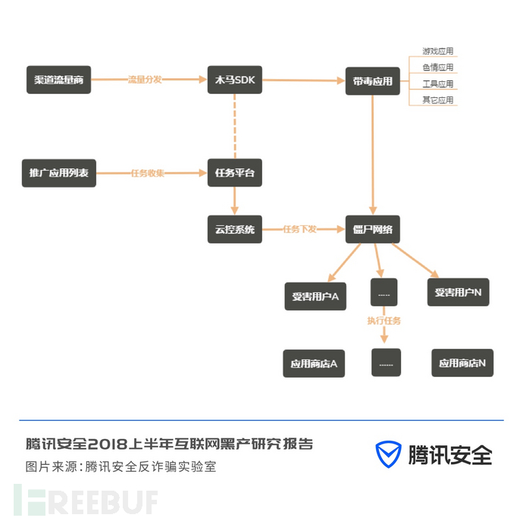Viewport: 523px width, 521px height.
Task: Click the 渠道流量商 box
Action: [58, 80]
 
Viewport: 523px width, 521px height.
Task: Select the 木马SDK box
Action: [235, 80]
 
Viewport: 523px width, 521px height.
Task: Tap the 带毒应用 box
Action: [373, 81]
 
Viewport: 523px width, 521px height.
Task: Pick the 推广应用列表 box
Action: [59, 173]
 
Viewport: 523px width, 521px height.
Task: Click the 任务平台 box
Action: [235, 173]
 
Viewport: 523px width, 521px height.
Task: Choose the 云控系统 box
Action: [235, 229]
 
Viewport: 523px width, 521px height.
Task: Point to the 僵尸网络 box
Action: [373, 229]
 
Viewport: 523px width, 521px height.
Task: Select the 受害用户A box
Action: [315, 297]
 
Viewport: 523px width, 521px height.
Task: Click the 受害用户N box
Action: [459, 292]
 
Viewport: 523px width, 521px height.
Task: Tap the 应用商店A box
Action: [314, 363]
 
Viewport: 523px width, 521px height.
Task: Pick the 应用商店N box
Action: [462, 363]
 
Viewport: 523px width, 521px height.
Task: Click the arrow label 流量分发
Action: [145, 80]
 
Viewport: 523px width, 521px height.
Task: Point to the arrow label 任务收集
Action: [148, 173]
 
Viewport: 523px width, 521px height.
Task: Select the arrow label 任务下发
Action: [299, 229]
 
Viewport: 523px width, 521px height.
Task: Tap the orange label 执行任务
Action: [384, 321]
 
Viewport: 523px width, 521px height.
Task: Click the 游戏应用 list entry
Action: [438, 51]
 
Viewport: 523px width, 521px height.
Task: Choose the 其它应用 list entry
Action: [438, 100]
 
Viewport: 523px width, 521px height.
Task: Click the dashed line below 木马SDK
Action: [235, 126]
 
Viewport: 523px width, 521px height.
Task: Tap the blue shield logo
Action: [388, 454]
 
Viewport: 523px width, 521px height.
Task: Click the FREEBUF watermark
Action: [86, 500]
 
